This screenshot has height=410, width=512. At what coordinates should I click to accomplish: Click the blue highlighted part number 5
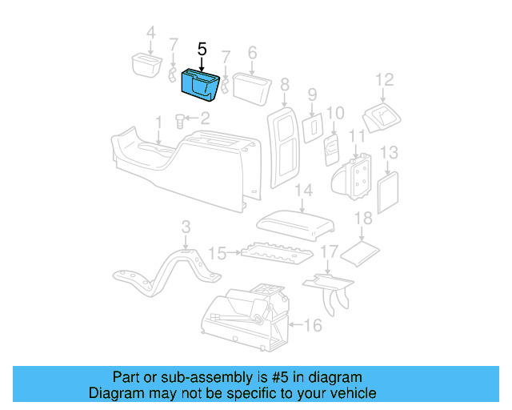click(202, 86)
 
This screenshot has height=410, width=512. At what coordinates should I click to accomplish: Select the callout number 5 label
click(202, 49)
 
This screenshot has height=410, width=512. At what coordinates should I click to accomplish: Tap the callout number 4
click(150, 33)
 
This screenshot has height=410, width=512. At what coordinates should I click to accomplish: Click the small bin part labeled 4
click(143, 64)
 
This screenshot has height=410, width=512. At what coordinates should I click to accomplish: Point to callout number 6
click(252, 52)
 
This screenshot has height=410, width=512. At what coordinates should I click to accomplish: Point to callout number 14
click(302, 190)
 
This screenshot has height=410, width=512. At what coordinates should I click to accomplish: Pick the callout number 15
click(217, 254)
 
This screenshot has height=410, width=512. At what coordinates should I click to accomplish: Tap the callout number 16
click(313, 324)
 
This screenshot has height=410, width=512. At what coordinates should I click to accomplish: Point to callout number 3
click(186, 227)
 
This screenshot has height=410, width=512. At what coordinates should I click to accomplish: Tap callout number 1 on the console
click(158, 121)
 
